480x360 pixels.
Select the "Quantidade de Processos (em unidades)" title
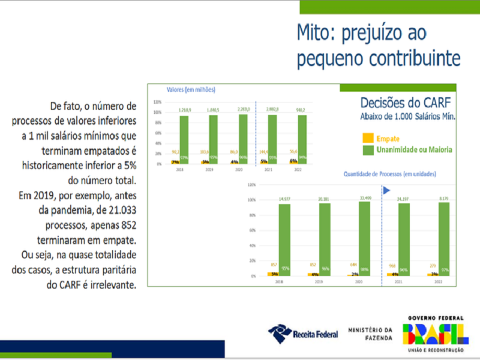coord(389,174)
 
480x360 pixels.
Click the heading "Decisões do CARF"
coord(407,102)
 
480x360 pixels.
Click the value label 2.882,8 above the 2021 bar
coord(272,109)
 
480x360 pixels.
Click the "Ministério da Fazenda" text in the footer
coord(371,334)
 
